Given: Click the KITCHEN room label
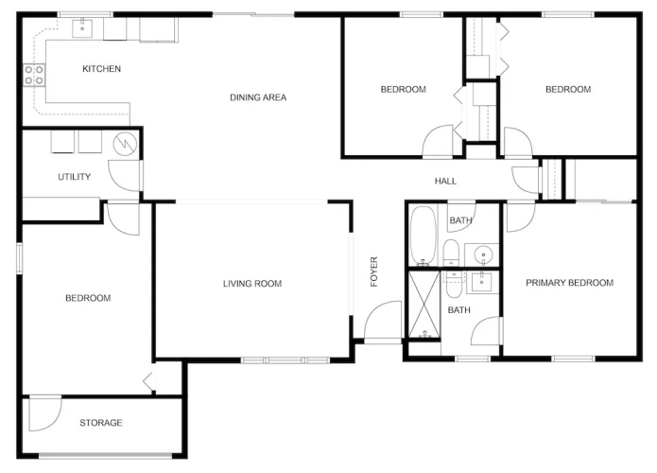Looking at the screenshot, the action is (101, 69).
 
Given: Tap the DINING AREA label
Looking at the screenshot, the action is (258, 97).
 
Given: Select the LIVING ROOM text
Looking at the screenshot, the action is (252, 284).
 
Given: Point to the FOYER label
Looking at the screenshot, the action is (374, 272).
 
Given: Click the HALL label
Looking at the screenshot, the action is (445, 181).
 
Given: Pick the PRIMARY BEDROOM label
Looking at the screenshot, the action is (569, 283).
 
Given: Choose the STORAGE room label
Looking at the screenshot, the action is (101, 423).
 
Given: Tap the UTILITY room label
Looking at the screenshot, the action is (74, 177).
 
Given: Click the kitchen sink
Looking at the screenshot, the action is (82, 28).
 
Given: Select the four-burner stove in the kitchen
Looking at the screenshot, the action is (34, 75).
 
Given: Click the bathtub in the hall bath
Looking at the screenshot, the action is (424, 236).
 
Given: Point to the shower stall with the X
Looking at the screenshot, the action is (424, 304).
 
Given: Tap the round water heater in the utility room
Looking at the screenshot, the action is (126, 144).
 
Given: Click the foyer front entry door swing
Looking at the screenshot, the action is (383, 321).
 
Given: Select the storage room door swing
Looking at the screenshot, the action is (45, 414).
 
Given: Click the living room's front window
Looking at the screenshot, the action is (285, 359).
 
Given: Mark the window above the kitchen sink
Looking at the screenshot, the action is (85, 15).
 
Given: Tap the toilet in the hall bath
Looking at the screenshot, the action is (451, 252).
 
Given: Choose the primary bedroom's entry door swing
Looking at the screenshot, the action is (521, 217).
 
